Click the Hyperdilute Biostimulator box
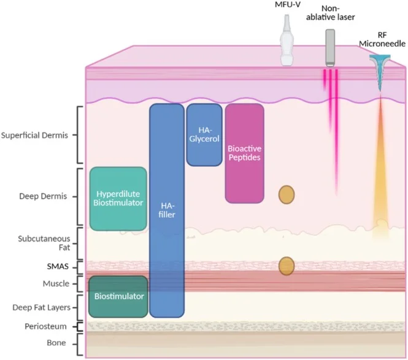click(118, 199)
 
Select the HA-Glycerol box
click(204, 135)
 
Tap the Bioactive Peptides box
click(245, 153)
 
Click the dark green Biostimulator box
click(118, 297)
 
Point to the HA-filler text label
click(167, 210)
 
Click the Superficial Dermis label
click(34, 136)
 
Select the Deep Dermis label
click(43, 196)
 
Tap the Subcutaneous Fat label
click(44, 243)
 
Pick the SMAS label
click(58, 267)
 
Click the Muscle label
click(56, 283)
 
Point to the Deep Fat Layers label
click(41, 307)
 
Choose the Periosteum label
click(45, 326)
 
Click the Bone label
click(56, 343)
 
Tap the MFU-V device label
click(288, 4)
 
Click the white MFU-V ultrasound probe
click(287, 40)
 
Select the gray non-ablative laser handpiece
click(330, 48)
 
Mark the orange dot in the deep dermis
click(287, 194)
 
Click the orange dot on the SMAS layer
click(287, 266)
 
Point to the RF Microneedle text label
click(382, 39)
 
